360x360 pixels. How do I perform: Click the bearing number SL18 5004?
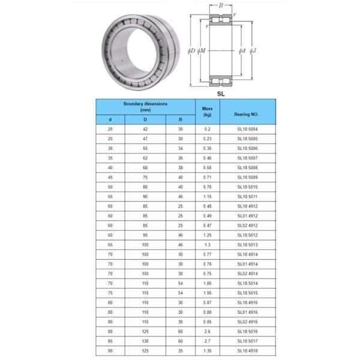click(247, 129)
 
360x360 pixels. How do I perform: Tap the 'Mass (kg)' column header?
click(207, 111)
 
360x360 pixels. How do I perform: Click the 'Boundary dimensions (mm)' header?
click(145, 107)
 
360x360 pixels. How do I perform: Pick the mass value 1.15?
click(207, 197)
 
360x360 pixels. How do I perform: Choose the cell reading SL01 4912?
click(247, 216)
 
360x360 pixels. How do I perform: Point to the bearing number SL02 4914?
click(247, 274)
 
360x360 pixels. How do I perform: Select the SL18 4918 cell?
click(247, 351)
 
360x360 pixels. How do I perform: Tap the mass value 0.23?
click(207, 139)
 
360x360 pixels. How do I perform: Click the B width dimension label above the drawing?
click(221, 5)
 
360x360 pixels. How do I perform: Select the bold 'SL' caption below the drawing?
click(221, 93)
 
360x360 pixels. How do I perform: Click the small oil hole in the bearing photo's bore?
click(122, 59)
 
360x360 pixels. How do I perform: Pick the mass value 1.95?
click(207, 293)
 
